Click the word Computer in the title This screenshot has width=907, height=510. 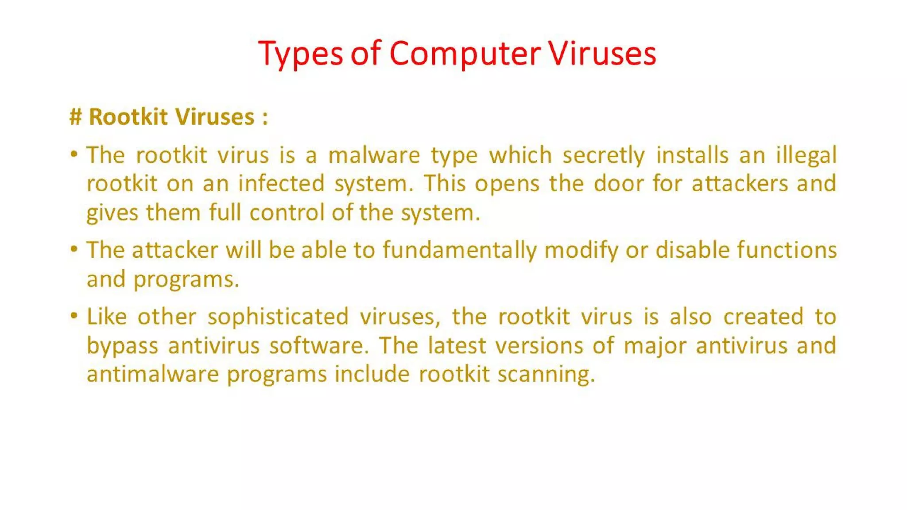click(x=465, y=54)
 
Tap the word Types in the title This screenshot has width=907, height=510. click(x=300, y=54)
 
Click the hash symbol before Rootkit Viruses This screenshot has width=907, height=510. click(x=76, y=117)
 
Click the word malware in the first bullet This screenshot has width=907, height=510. click(x=374, y=156)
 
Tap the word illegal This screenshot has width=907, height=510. click(x=806, y=156)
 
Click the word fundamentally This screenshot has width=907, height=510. click(x=459, y=251)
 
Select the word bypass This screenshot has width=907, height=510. click(x=122, y=346)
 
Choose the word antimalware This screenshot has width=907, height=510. click(x=153, y=375)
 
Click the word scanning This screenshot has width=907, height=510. click(x=546, y=375)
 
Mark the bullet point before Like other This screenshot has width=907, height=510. click(x=74, y=316)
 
